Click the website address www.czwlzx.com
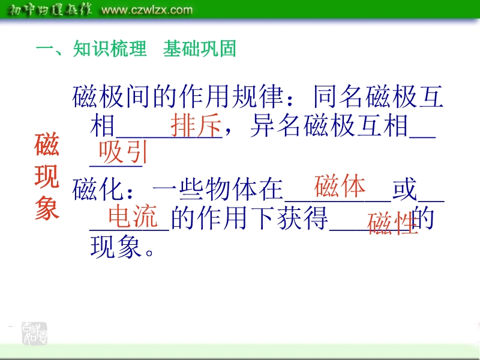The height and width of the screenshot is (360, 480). pos(147,10)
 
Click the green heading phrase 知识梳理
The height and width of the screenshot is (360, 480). pos(110,49)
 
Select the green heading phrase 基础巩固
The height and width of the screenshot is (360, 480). pos(200,49)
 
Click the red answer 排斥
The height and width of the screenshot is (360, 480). pos(196,125)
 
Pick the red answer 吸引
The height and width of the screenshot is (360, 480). pos(123,152)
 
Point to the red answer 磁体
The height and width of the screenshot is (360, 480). pos(340,186)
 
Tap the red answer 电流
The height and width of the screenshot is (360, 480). pos(133,216)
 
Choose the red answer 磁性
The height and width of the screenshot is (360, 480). pos(393,223)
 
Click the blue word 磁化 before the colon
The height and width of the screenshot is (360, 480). pos(98,190)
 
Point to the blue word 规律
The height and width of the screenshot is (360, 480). pos(258,97)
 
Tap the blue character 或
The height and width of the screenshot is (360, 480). pos(404,190)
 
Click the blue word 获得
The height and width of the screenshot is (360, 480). pos(302,218)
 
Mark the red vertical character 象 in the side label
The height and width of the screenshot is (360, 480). pos(47,208)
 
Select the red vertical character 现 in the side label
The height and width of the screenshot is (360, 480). pos(47,176)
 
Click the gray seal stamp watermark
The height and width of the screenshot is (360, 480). pos(34,334)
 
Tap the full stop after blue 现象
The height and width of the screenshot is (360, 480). pos(149,253)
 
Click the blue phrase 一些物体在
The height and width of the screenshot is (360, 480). pos(218,190)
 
